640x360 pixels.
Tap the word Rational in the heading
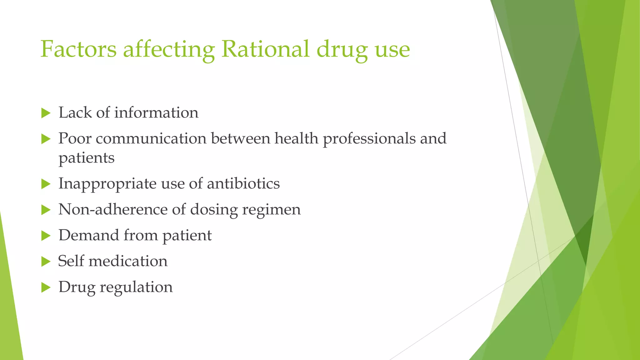click(x=265, y=49)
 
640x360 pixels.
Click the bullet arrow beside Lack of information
click(x=46, y=113)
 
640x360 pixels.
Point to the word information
click(x=156, y=112)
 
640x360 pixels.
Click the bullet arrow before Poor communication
click(x=46, y=139)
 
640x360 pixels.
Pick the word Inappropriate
click(x=107, y=184)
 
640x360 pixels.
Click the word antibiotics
click(x=243, y=183)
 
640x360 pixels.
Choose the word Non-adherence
click(x=113, y=209)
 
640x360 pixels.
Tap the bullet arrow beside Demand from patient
click(x=46, y=236)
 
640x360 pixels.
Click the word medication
click(x=128, y=261)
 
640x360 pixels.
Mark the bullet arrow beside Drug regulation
click(x=46, y=287)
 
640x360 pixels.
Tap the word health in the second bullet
click(x=296, y=138)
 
